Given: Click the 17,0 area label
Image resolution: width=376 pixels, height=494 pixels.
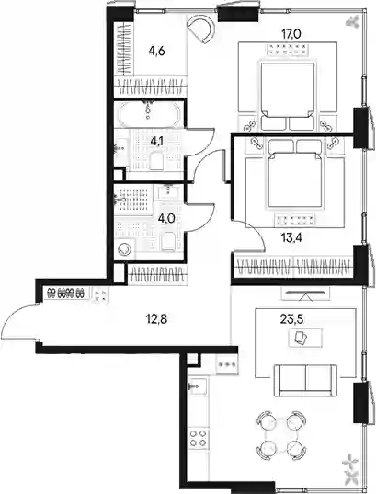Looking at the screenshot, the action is click(x=291, y=34).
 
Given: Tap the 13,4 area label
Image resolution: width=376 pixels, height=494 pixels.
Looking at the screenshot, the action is click(x=291, y=238).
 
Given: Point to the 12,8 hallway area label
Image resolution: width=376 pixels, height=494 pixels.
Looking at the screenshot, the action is click(x=156, y=319).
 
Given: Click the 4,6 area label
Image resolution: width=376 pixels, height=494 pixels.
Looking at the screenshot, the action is click(x=157, y=51).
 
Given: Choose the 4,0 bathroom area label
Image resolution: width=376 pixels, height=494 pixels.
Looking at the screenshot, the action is click(x=166, y=218).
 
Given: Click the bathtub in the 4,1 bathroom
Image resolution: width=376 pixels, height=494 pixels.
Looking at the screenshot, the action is click(x=148, y=113).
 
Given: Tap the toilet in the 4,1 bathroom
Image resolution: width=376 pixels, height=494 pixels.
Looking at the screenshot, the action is click(x=156, y=161).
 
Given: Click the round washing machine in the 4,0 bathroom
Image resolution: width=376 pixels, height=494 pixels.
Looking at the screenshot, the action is click(x=124, y=249).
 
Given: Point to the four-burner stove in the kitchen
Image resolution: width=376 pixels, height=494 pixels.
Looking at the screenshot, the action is click(x=198, y=438).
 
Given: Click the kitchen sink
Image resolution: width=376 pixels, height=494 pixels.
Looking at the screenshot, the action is click(x=197, y=386).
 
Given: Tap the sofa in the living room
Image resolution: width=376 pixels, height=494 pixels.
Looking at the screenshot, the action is click(x=305, y=381).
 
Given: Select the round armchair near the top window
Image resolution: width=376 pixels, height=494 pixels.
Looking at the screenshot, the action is click(x=201, y=29).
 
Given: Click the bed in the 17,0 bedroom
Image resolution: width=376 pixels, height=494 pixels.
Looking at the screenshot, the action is click(x=287, y=96).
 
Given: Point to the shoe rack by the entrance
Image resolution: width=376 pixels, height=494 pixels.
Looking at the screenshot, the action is click(x=66, y=293).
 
